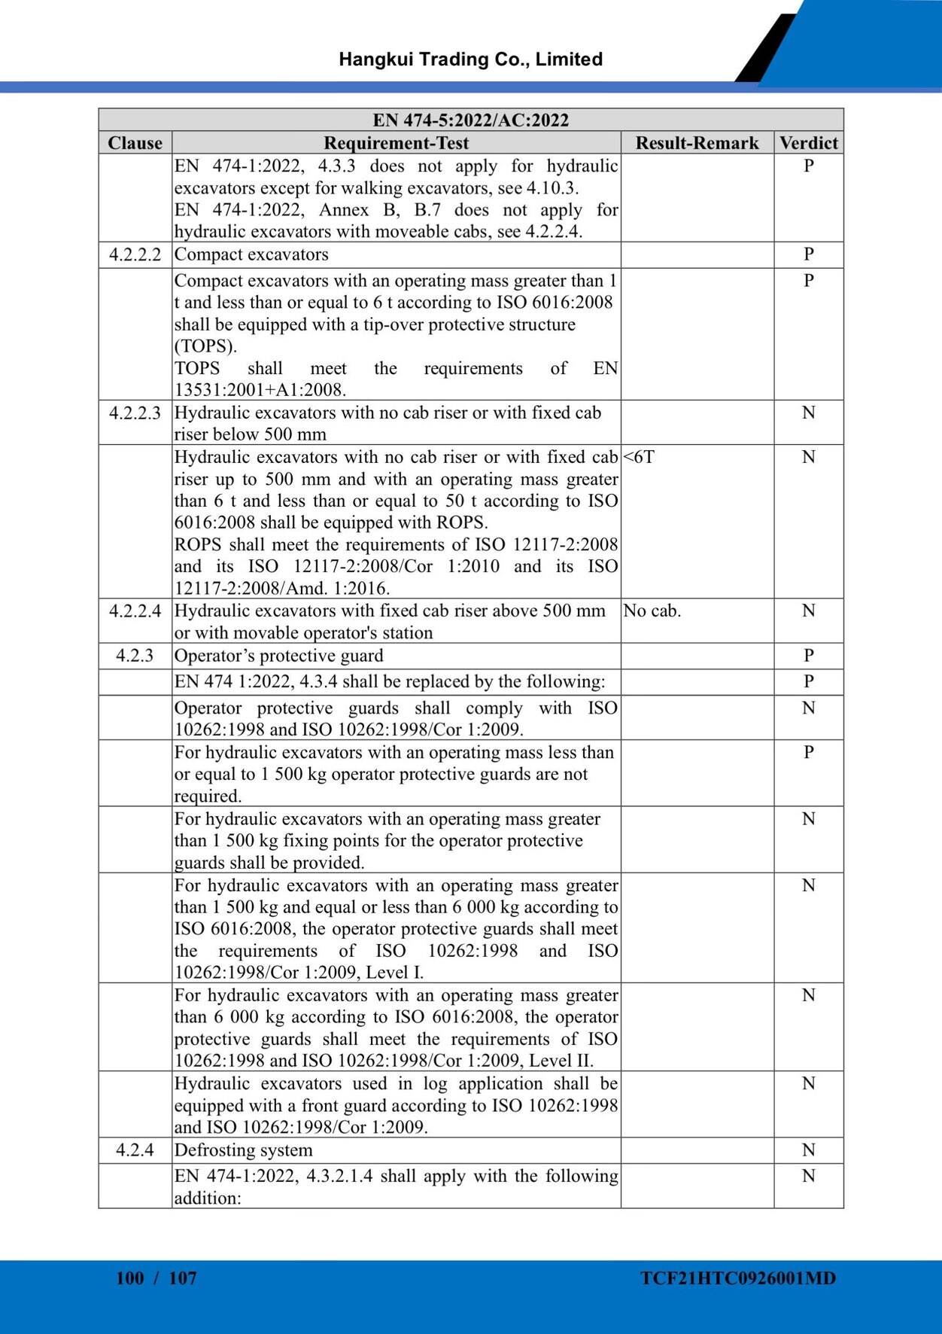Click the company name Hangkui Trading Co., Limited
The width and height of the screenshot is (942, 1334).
tap(470, 59)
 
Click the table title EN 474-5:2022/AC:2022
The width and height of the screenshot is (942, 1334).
tap(470, 120)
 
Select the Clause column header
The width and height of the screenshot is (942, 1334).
tap(135, 143)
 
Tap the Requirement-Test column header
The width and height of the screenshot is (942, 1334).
tap(396, 143)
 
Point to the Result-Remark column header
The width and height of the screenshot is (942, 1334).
tap(697, 143)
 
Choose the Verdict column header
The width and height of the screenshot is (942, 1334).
tap(808, 143)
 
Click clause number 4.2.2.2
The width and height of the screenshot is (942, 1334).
tap(135, 254)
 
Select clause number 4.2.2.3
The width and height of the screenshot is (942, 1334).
tap(135, 413)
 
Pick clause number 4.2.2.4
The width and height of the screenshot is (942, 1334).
tap(135, 611)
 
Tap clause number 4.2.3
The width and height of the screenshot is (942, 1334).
tap(135, 656)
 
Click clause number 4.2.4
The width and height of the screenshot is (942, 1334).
tap(135, 1150)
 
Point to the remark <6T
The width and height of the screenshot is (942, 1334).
tap(639, 457)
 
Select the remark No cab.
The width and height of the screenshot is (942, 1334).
tap(652, 611)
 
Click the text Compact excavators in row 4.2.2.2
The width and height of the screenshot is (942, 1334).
tap(251, 254)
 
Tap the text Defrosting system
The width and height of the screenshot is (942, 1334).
tap(243, 1150)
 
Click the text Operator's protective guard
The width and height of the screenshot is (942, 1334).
tap(278, 656)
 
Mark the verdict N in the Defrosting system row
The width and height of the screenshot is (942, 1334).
tap(808, 1150)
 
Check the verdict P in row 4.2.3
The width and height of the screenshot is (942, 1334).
tap(808, 656)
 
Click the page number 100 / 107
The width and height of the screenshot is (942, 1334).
tap(156, 1278)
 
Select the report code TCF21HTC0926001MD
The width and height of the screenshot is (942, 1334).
tap(737, 1278)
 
